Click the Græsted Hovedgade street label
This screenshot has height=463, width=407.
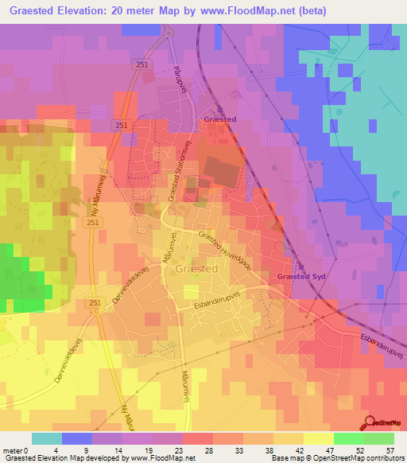click(x=225, y=251)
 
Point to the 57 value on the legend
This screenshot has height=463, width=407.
click(x=390, y=450)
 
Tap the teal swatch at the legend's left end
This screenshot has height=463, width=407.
click(x=47, y=438)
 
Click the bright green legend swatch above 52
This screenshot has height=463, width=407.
click(x=349, y=438)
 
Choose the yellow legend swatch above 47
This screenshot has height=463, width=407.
click(x=319, y=438)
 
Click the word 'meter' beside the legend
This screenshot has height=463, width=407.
click(x=14, y=450)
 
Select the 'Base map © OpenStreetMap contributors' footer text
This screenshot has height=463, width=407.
click(x=336, y=458)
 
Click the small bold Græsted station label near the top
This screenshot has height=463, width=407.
click(x=219, y=119)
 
